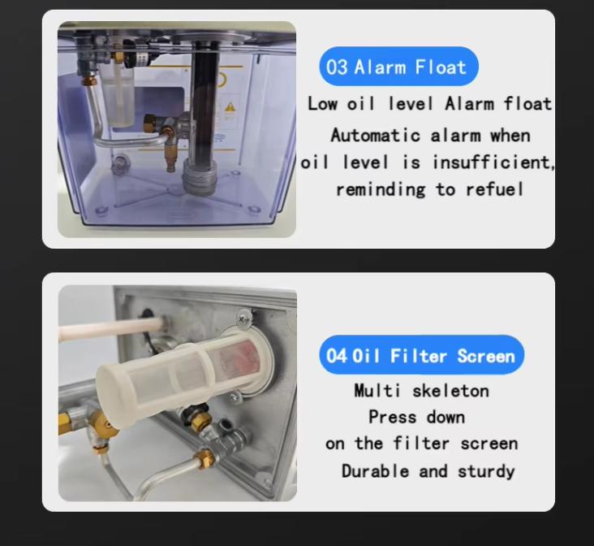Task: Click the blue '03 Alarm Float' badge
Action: pos(398,67)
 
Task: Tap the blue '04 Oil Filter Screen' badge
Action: pos(421,355)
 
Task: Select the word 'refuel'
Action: pos(495,189)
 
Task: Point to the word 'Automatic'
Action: pos(376,136)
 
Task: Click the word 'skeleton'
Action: pos(450,391)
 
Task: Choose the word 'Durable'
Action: pos(375,471)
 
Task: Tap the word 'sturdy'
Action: pos(486,472)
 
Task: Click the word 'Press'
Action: pos(393,418)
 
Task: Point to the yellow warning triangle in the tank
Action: pos(230,107)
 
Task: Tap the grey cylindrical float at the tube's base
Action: pos(200,177)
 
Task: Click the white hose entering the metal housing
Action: pos(111,327)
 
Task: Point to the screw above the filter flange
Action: pos(243,317)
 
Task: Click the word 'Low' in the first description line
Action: pos(322,103)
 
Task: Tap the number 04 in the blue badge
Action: pos(336,356)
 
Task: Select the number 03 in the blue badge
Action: pos(337,67)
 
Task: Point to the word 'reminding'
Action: pos(381,189)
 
